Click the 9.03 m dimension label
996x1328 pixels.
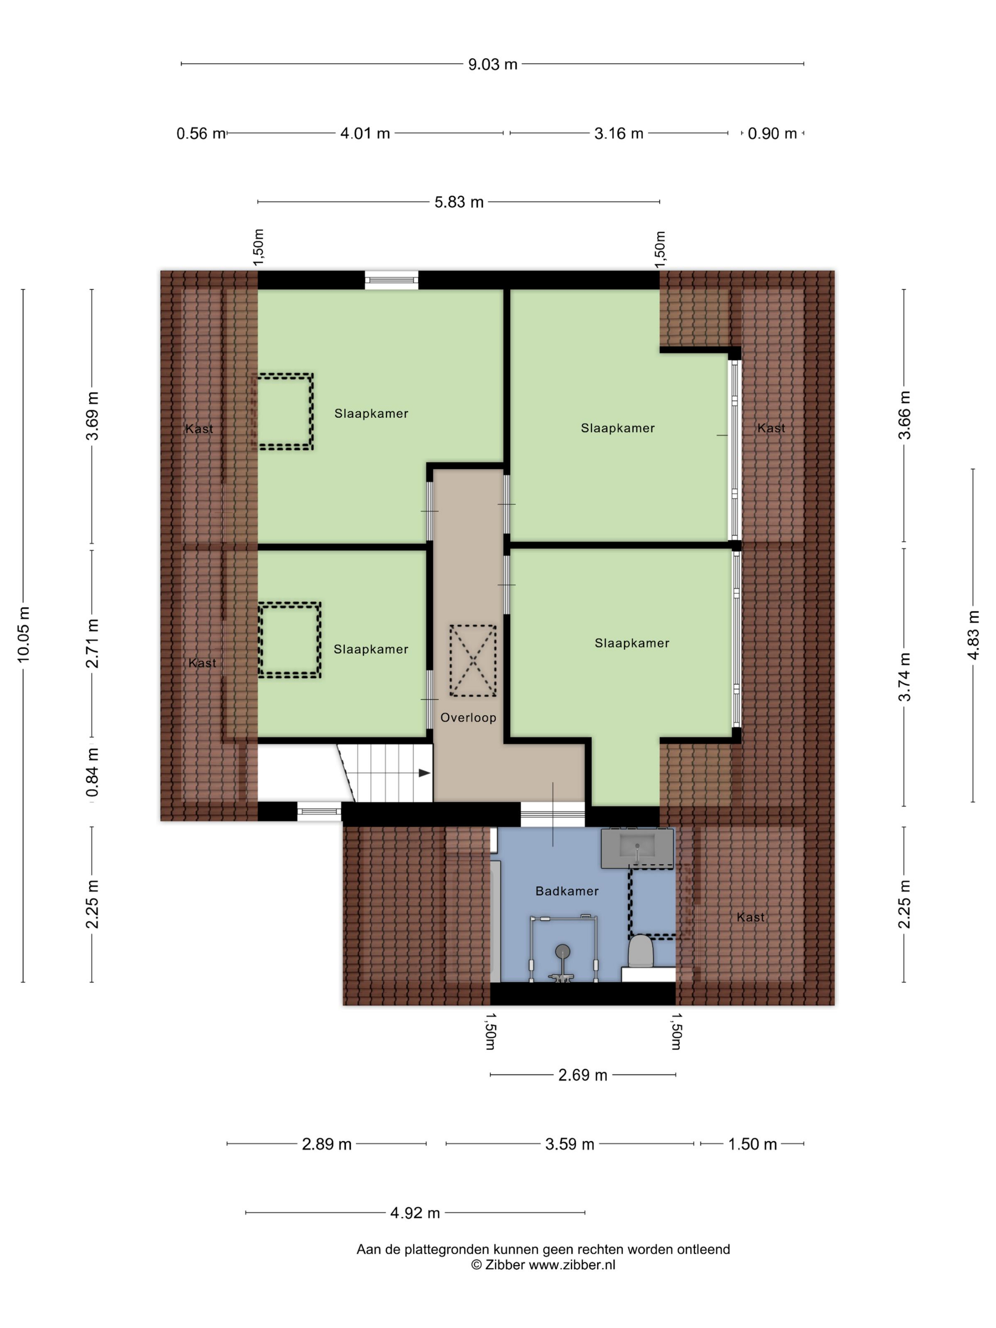pos(492,64)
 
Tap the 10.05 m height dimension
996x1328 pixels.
pos(23,634)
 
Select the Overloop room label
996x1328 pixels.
pos(468,718)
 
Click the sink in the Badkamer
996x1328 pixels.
pos(637,847)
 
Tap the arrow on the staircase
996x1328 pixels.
pos(424,773)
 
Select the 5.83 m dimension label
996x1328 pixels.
pos(459,203)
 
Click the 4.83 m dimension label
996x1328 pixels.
pos(973,635)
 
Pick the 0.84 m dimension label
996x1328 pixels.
pos(92,773)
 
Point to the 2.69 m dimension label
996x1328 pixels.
pos(582,1075)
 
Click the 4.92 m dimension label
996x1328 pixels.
pos(415,1213)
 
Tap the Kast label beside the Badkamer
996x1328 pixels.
pos(750,917)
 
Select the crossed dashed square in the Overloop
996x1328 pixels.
pos(473,660)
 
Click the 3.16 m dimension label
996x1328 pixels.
pos(618,133)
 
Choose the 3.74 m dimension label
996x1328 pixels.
pos(904,677)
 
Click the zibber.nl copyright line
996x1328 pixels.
pos(543,1265)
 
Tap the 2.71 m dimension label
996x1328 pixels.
pos(92,643)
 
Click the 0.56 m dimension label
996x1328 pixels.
pos(201,133)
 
